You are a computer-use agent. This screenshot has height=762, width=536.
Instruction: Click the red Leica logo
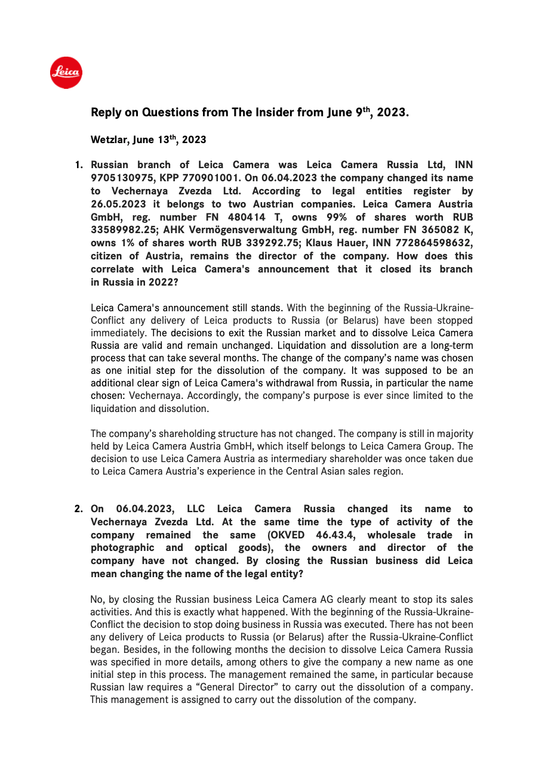coord(66,73)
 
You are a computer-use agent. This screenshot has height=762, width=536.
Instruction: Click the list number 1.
coord(78,165)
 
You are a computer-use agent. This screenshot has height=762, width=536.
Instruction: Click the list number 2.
coord(78,509)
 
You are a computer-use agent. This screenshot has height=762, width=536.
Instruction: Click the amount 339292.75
coord(259,243)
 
